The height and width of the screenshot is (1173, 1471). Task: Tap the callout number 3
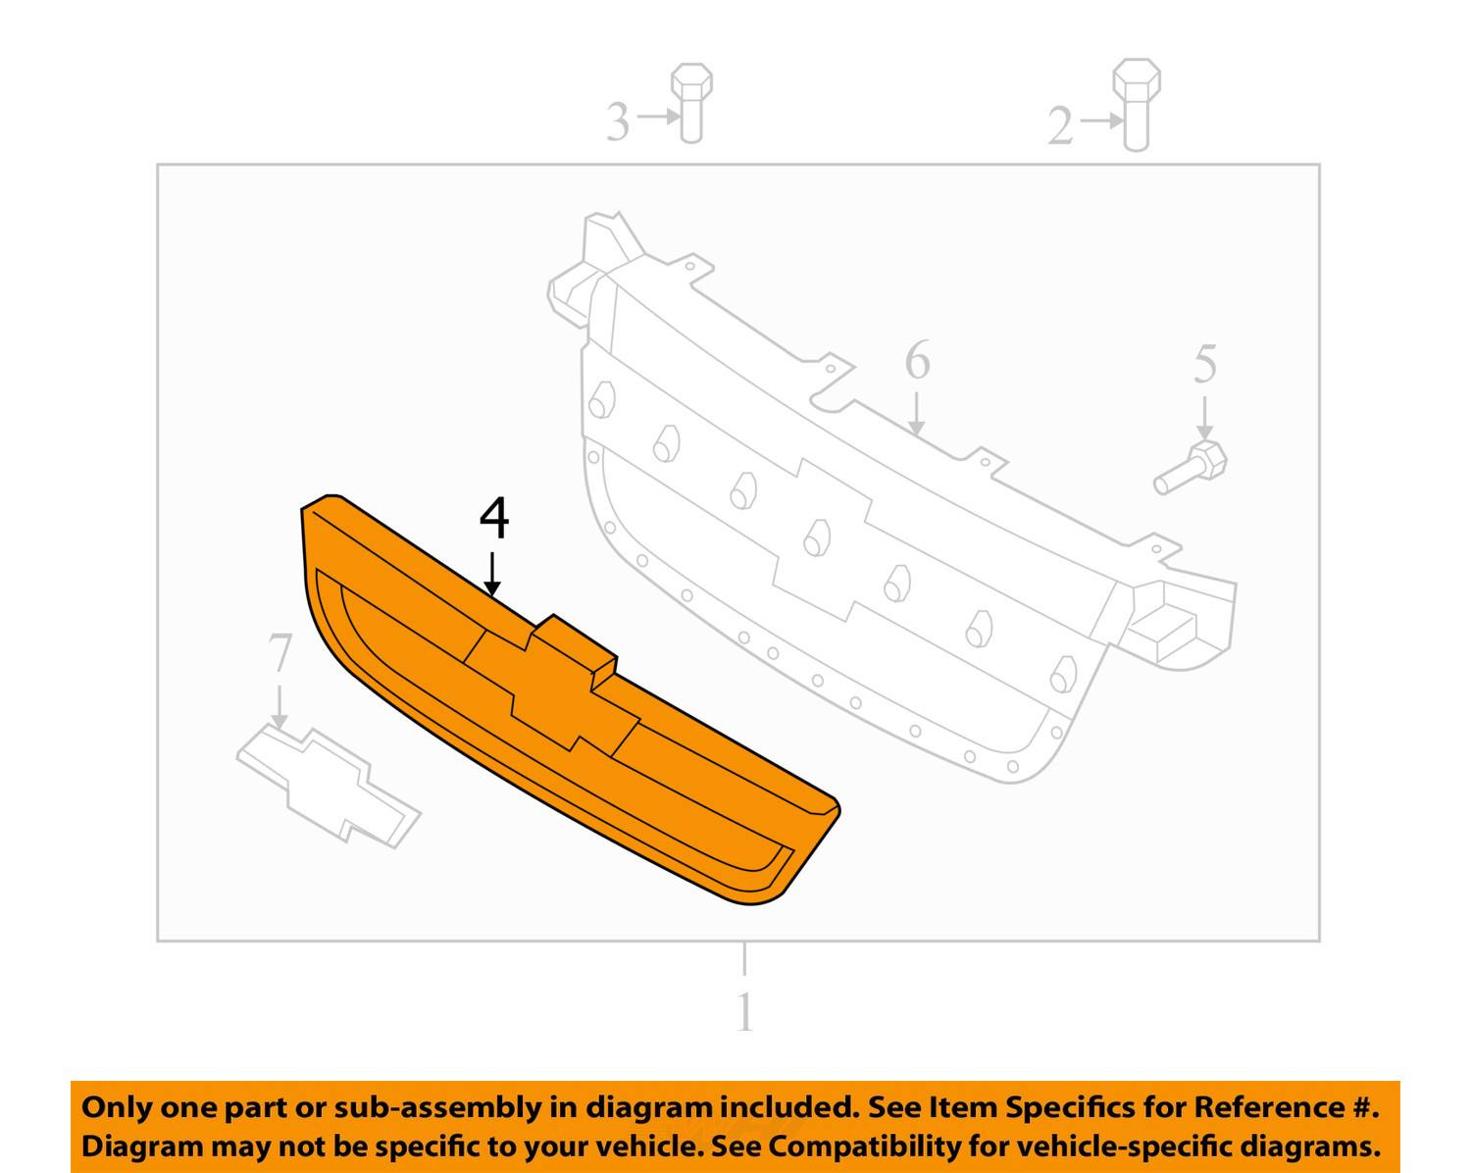point(618,122)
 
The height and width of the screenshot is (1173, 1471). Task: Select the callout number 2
point(1060,126)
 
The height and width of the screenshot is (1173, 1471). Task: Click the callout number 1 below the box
point(745,1012)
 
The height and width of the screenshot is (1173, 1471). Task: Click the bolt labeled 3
point(691,103)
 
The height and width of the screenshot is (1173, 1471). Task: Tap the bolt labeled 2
point(1136,105)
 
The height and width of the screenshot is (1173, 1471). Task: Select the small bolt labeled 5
point(1191,468)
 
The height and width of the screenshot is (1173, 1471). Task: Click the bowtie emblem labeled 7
point(329,787)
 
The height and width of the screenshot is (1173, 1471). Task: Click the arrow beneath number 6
point(917,414)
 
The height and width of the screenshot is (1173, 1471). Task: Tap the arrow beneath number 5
point(1204,418)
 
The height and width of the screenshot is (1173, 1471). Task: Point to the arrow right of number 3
point(658,116)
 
